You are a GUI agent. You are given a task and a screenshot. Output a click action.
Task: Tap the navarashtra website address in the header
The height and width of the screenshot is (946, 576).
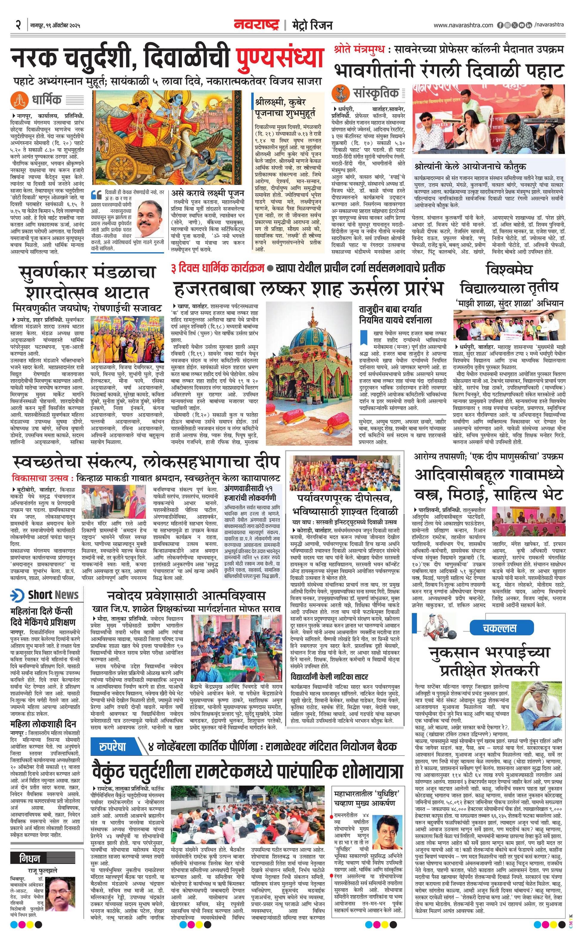pos(463,25)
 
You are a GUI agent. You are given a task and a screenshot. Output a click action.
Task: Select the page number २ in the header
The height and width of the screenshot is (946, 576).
pos(18,25)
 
